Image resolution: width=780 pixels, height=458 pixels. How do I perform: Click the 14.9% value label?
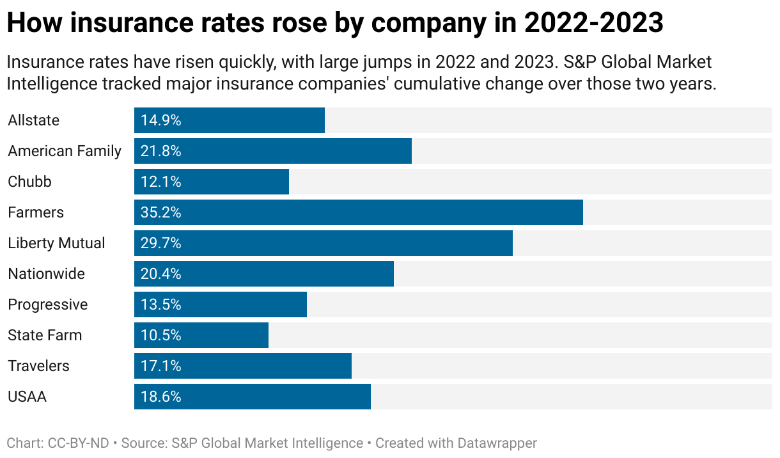pos(161,120)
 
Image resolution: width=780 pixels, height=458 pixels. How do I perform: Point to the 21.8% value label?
pos(161,151)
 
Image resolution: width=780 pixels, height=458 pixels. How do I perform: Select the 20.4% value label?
pos(161,274)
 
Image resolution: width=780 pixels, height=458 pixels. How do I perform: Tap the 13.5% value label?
pos(161,304)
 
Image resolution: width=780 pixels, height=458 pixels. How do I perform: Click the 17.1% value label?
pos(161,366)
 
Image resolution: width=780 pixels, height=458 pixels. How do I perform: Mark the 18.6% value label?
pos(161,397)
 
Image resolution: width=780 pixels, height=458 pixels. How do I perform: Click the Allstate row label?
pos(33,120)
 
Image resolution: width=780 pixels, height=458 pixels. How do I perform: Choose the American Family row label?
pos(65,151)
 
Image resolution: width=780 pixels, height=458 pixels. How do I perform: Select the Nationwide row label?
pos(46,274)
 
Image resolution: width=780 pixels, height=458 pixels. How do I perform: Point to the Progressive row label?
pos(48,304)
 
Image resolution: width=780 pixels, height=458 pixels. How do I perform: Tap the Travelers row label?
pos(38,366)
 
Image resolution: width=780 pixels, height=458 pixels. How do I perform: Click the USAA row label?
pos(27,397)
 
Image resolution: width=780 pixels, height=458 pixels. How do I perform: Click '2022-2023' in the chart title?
pos(593,24)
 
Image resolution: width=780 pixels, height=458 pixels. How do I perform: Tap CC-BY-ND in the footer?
pos(79,443)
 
